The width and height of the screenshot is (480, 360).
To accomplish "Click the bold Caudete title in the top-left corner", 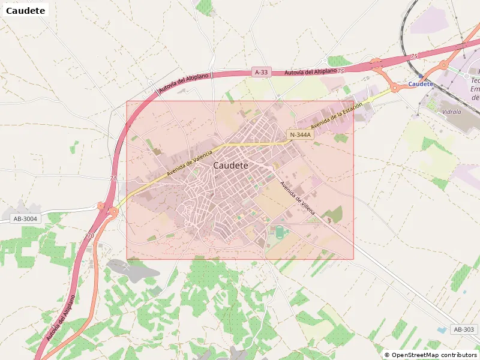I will tap(25, 10).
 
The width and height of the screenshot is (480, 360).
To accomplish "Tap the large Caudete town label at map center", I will tap(230, 165).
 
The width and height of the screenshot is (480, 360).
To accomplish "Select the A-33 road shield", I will tap(261, 72).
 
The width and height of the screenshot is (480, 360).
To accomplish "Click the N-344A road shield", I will tap(300, 135).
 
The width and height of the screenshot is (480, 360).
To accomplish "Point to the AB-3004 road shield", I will tap(25, 218).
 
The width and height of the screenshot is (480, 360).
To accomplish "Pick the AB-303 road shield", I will tap(464, 329).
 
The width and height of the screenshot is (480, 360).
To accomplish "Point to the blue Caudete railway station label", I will tap(420, 84).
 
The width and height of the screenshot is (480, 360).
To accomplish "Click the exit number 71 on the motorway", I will tap(113, 179).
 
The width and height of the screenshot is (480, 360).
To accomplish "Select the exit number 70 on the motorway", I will tap(91, 236).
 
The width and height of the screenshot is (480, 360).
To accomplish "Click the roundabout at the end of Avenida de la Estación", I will tap(395, 88).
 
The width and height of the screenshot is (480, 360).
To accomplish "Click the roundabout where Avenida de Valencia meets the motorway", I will tap(112, 211).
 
